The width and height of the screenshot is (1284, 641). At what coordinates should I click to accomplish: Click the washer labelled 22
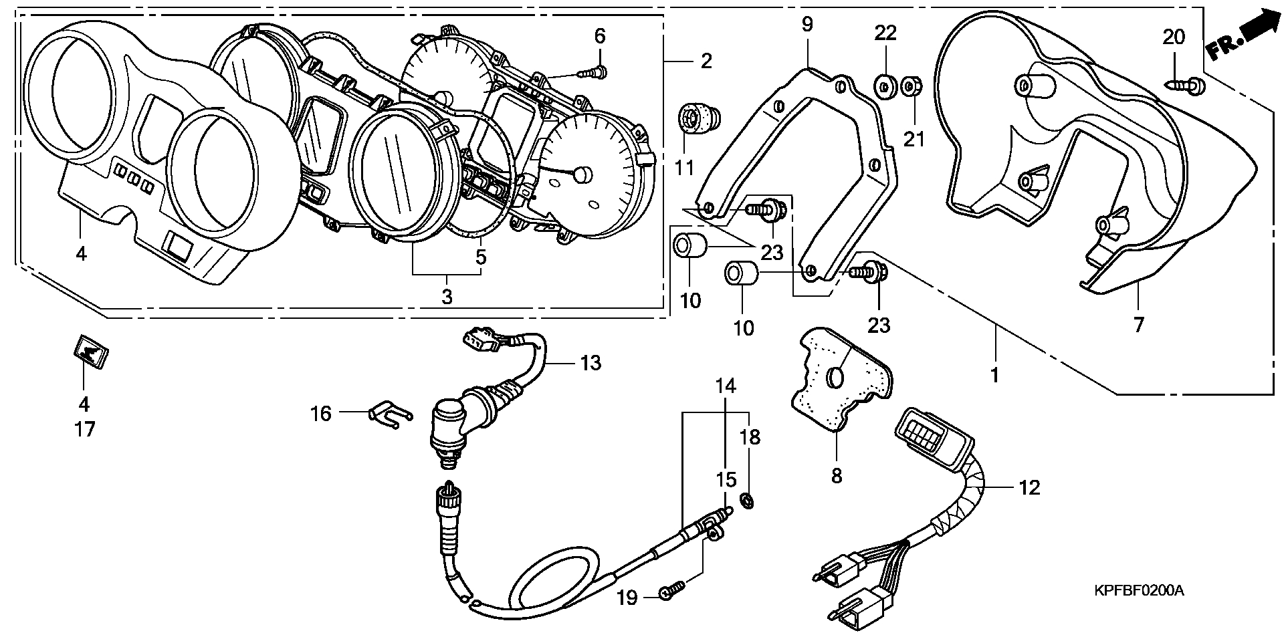(885, 86)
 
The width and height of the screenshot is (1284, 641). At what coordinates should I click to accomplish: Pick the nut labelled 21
(909, 86)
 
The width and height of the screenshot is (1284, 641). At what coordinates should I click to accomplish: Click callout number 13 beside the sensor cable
(591, 363)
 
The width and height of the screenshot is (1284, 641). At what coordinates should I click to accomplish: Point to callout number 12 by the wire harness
(1030, 488)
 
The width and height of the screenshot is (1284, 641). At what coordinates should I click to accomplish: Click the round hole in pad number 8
(836, 378)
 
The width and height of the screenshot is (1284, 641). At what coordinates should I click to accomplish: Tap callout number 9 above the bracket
(807, 25)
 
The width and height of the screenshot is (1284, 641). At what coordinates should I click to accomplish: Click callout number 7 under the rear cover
(1138, 325)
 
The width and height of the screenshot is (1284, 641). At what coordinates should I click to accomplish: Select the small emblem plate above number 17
(89, 351)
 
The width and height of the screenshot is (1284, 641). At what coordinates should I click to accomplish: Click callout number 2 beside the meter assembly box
(706, 61)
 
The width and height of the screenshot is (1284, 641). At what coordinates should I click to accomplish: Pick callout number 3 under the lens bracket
(447, 297)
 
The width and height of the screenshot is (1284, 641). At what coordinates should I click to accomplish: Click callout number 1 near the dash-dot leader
(994, 374)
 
